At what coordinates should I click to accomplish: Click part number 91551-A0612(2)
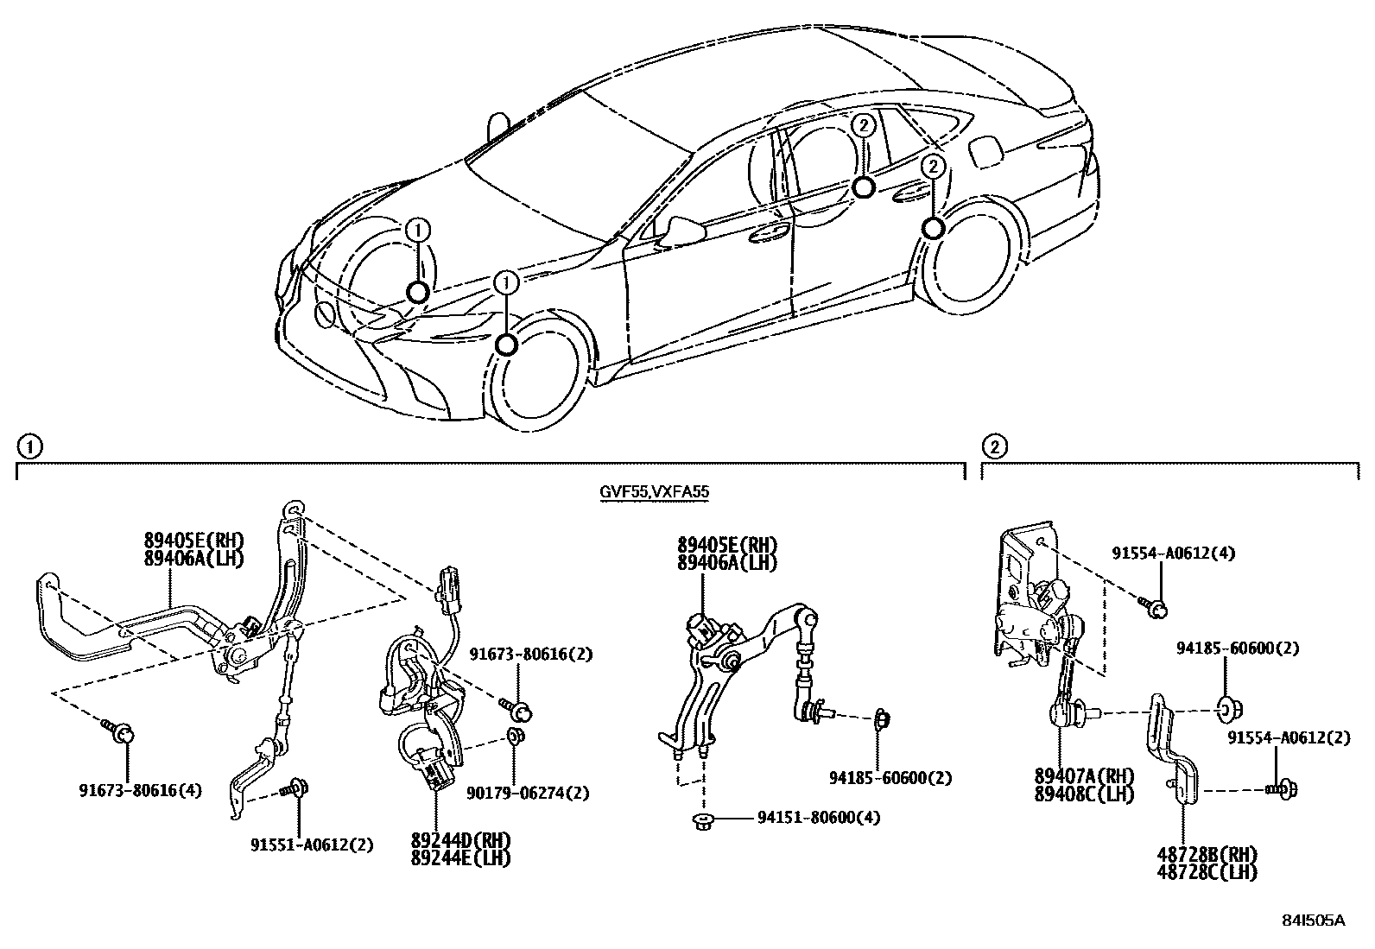pos(312,845)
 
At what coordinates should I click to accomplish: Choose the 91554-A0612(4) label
pos(1173,554)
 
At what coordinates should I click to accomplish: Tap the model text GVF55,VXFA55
pos(655,493)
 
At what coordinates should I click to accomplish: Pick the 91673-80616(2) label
pos(531,655)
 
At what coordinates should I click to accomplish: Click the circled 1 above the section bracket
pos(29,446)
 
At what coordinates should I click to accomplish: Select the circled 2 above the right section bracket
pos(994,446)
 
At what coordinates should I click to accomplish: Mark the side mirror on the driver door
pos(681,229)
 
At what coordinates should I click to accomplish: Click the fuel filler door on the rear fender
pos(985,152)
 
